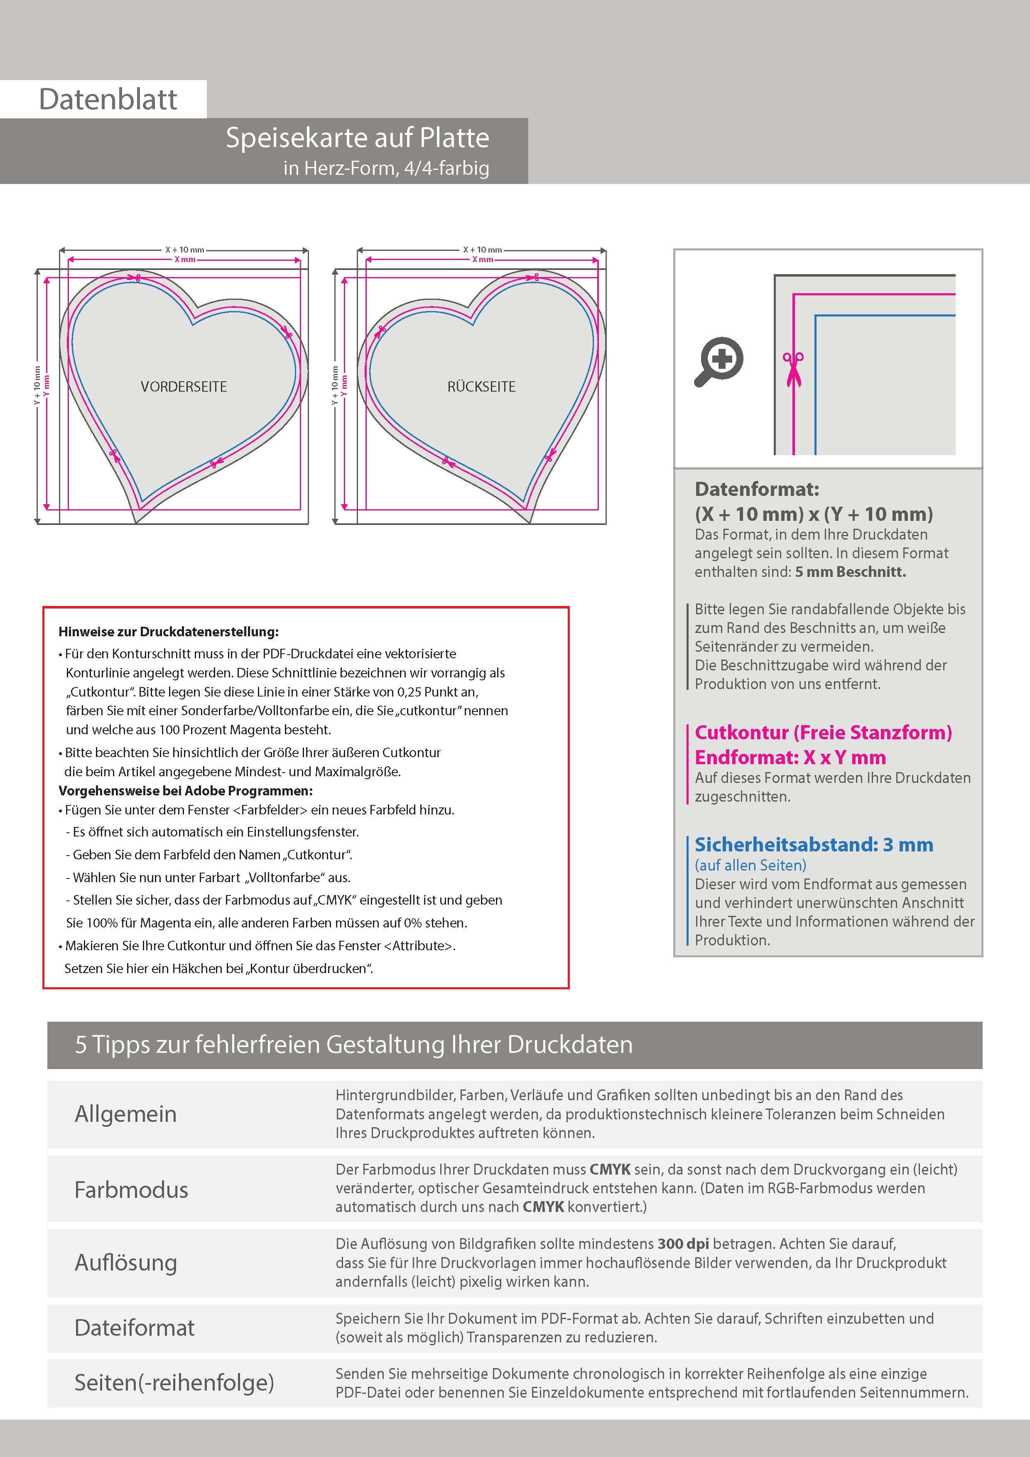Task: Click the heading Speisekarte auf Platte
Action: [357, 138]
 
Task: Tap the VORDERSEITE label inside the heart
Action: [184, 386]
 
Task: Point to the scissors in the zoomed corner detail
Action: [793, 369]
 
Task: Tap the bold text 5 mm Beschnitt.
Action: [851, 572]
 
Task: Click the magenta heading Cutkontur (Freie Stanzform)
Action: [823, 732]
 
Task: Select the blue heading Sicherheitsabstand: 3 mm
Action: [814, 845]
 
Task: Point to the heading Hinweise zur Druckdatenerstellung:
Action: [169, 632]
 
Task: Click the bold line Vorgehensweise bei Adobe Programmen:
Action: [185, 791]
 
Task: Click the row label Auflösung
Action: [126, 1263]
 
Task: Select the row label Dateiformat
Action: [135, 1327]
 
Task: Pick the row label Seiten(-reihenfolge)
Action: [174, 1382]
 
